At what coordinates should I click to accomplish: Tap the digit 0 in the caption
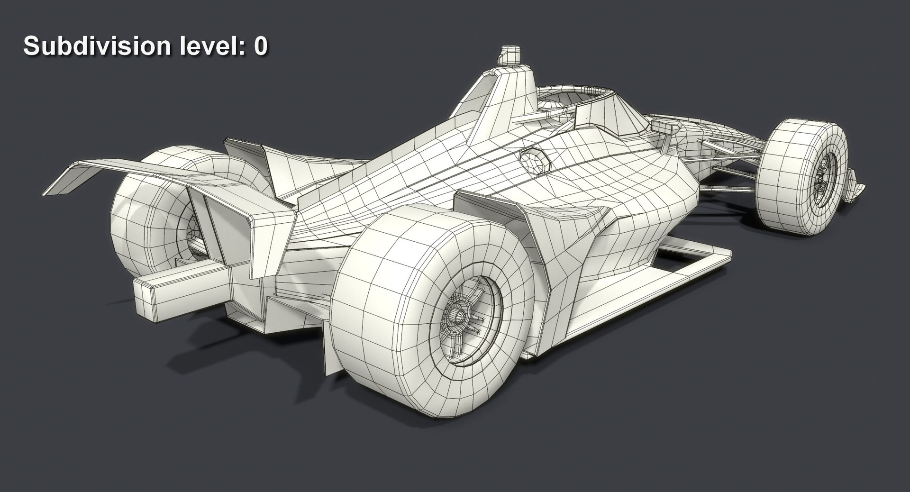point(260,47)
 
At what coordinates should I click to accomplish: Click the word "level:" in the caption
point(211,47)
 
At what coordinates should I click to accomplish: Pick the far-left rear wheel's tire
point(137,228)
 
